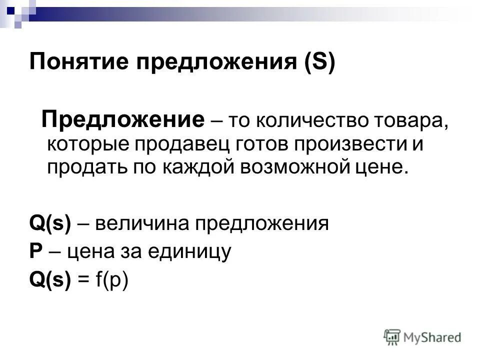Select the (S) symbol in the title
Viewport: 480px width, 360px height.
coord(318,64)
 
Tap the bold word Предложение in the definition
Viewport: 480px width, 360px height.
coord(123,120)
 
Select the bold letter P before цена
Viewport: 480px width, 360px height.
coord(35,251)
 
